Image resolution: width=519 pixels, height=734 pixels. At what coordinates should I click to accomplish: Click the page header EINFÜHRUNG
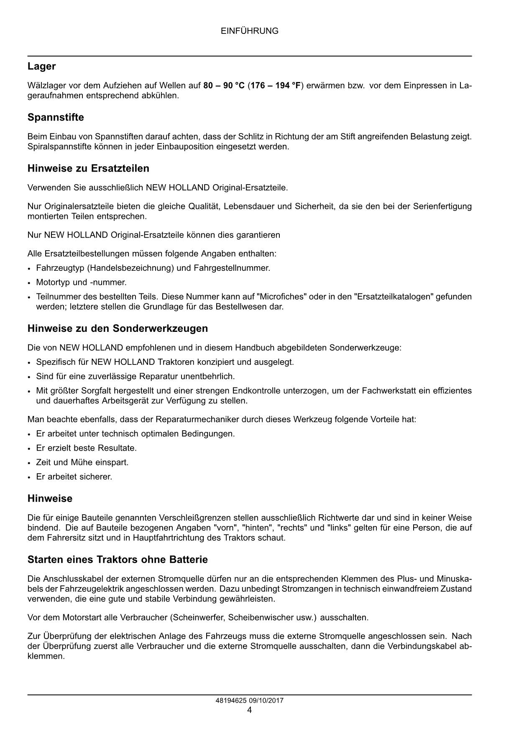pos(249,31)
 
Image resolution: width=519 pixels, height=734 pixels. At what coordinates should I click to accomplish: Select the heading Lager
pos(41,67)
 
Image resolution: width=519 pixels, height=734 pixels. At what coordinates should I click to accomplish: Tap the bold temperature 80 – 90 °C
pos(224,86)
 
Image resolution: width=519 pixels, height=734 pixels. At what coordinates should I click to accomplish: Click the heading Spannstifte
pos(56,118)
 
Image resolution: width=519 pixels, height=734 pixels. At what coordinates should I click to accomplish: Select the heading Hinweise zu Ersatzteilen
pos(88,169)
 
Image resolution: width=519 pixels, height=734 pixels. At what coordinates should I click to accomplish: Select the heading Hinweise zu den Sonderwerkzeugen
pos(118,329)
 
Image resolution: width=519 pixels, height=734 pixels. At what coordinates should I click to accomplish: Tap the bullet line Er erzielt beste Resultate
pos(86,448)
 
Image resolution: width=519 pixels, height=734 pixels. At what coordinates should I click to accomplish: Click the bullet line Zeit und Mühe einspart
pos(82,462)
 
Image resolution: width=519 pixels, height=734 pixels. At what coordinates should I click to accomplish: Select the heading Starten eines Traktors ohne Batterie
pos(118,560)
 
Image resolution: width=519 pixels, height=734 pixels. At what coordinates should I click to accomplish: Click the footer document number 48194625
pos(230,701)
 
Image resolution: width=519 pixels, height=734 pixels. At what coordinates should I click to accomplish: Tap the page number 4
pos(249,710)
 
